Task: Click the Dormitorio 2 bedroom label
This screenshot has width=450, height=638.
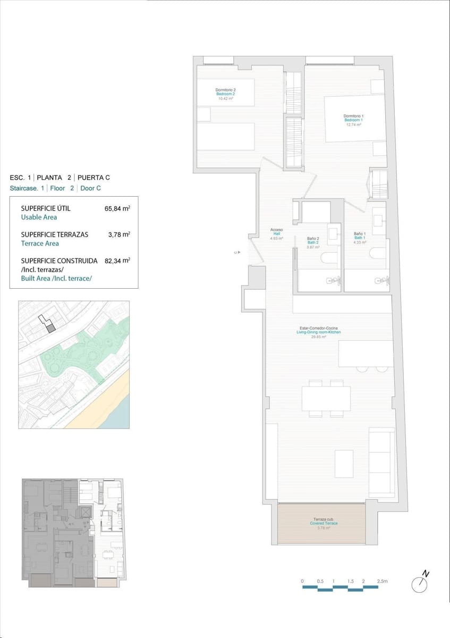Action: pos(226,94)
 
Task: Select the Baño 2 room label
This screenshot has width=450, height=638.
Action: pos(313,242)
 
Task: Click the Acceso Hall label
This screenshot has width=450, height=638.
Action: pos(276,234)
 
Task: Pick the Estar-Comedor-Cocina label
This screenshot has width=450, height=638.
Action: pos(319,332)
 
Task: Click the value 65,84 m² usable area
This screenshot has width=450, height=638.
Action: pos(117,209)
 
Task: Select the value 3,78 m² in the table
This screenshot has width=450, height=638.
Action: pos(120,234)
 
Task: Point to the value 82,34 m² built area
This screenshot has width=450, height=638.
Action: pos(117,261)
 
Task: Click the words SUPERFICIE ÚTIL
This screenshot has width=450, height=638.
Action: pos(46,208)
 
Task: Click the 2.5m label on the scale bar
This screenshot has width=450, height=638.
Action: pos(382,581)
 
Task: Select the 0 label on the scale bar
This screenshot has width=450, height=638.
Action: pos(302,581)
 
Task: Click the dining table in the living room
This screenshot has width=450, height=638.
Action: pos(326,398)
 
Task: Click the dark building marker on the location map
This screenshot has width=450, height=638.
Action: pos(51,328)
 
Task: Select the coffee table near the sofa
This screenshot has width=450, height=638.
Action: pos(344,463)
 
